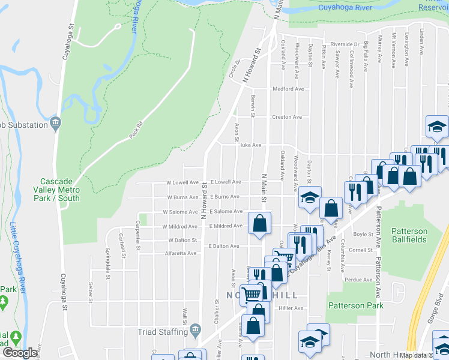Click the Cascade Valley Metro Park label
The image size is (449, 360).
[60, 189]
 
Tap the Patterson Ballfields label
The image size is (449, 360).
[409, 235]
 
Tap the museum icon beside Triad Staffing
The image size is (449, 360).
[195, 331]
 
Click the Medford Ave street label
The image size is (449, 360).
[288, 89]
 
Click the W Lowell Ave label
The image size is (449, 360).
[182, 182]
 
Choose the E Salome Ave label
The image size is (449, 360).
[226, 211]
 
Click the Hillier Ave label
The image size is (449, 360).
[291, 308]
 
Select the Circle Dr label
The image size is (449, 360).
[233, 72]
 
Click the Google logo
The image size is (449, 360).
[20, 353]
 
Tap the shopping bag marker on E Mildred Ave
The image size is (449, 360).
[259, 224]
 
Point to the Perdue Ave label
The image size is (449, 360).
[358, 280]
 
